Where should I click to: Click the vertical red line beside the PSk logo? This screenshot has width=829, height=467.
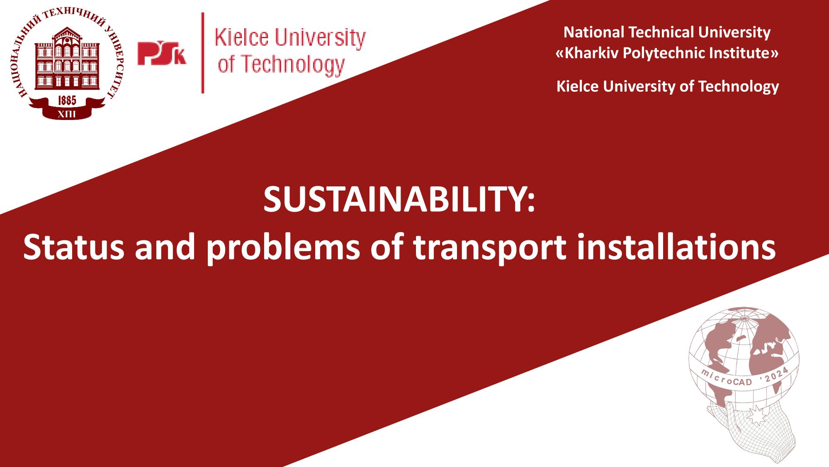(x=203, y=53)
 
